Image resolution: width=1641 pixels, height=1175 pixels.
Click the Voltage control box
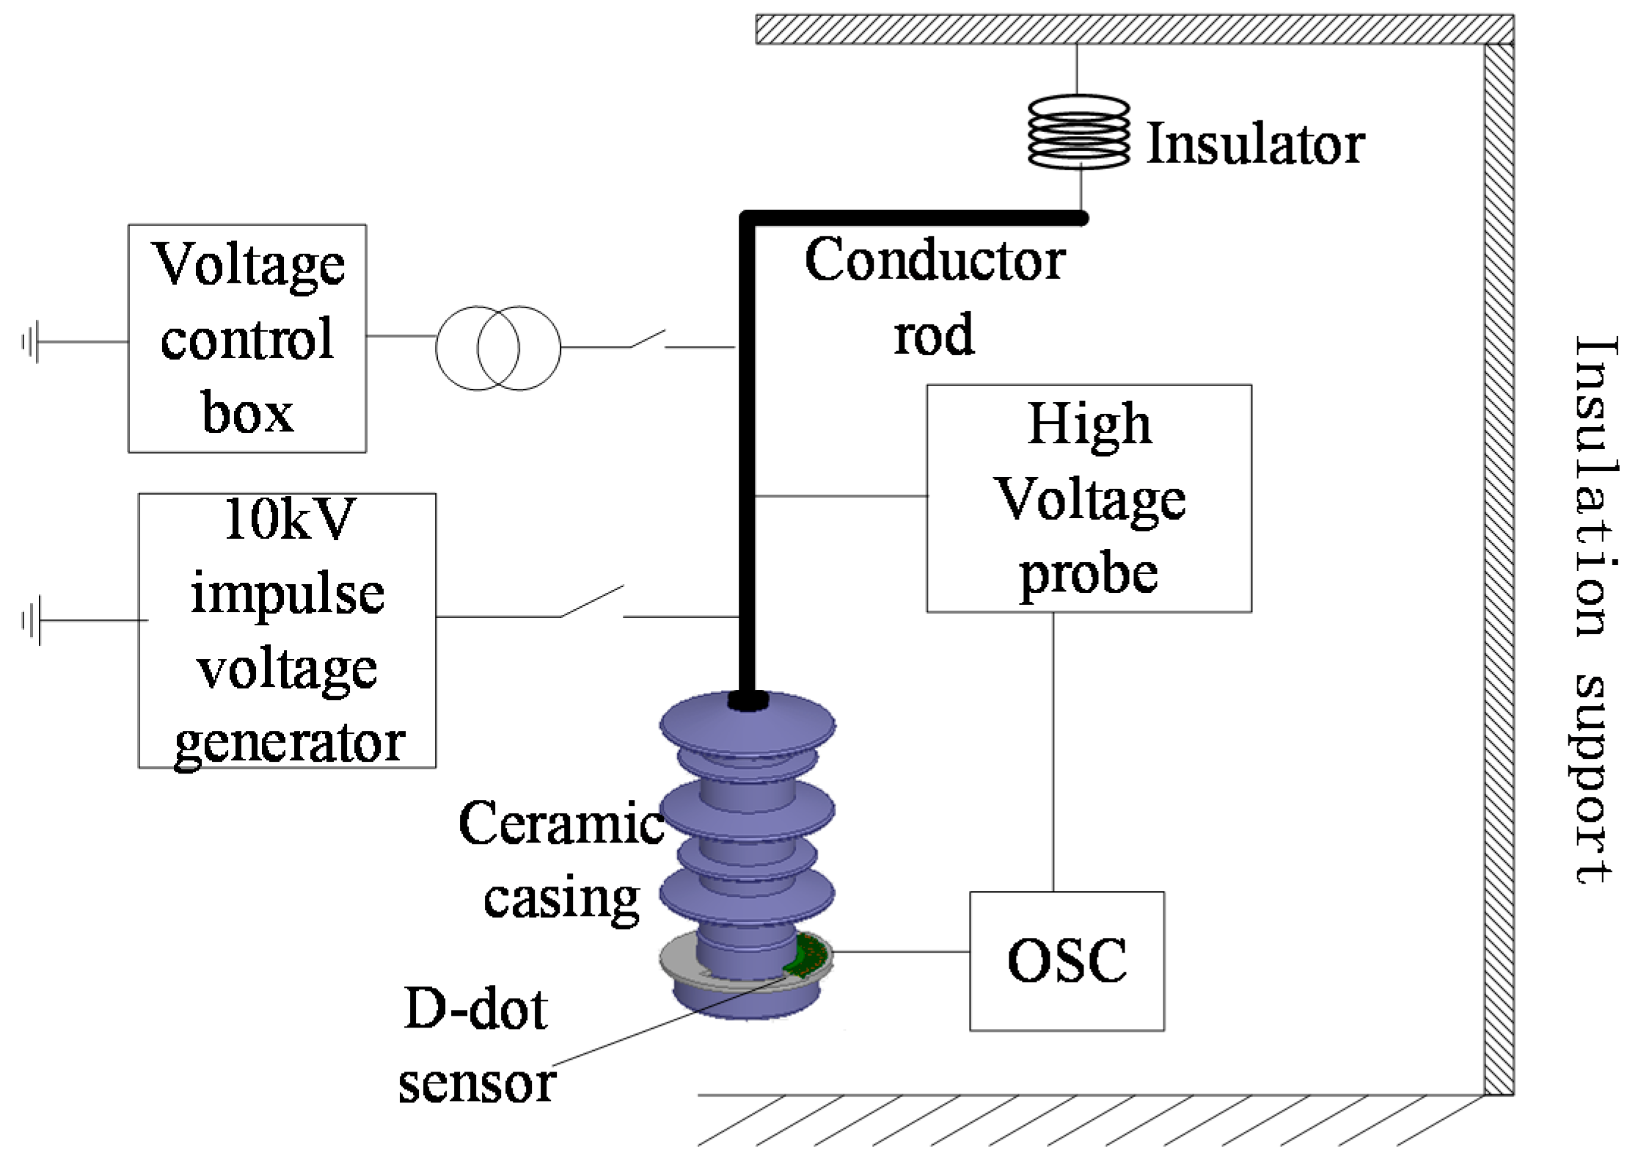click(x=247, y=338)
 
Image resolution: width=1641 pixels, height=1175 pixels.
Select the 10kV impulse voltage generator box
click(x=287, y=630)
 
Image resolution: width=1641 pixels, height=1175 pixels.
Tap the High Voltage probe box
click(x=1089, y=498)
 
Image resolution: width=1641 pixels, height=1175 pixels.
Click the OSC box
click(x=1066, y=961)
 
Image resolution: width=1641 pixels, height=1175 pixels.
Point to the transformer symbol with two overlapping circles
click(x=498, y=348)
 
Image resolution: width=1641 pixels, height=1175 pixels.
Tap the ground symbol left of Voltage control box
click(x=31, y=342)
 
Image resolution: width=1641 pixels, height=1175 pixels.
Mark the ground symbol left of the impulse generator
click(x=31, y=621)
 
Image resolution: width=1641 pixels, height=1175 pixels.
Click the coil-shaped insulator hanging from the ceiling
click(x=1078, y=131)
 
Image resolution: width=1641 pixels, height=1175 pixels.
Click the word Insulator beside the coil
click(x=1254, y=144)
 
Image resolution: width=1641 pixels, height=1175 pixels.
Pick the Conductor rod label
click(x=934, y=297)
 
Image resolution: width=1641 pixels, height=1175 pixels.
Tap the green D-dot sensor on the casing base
click(x=808, y=957)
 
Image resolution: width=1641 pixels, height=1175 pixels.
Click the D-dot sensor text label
click(x=477, y=1045)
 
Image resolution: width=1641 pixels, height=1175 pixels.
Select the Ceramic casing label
click(x=561, y=859)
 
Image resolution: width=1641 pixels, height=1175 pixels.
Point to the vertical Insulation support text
click(x=1595, y=609)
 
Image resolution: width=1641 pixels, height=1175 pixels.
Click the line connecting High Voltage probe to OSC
click(x=1053, y=752)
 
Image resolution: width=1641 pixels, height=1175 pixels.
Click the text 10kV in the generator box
click(x=289, y=520)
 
